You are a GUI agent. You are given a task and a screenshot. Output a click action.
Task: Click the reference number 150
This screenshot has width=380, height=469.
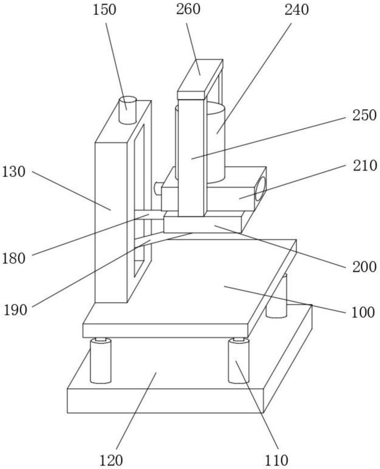coord(104,9)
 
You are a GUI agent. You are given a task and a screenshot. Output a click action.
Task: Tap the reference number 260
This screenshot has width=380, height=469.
coord(187,9)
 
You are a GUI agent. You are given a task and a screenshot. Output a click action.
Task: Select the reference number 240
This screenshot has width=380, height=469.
coord(297,10)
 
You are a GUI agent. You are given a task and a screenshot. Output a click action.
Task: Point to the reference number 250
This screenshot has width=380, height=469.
coord(364,115)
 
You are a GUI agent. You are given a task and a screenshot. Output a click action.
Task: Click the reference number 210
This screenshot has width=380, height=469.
coord(365,166)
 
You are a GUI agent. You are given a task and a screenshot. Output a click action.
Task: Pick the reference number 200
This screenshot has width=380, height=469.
coord(364,266)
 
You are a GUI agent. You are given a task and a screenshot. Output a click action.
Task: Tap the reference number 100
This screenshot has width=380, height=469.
coord(363,312)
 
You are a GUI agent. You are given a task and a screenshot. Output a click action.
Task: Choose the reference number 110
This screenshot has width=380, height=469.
coord(276,460)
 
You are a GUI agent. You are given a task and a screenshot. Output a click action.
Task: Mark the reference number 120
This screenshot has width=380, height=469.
coord(111,460)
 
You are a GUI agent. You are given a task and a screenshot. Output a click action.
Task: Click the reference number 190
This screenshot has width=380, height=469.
coord(15,310)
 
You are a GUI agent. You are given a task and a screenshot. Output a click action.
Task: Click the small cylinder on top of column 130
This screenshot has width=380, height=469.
coord(127,110)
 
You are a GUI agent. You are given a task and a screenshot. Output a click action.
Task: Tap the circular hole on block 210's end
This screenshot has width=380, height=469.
coord(261,189)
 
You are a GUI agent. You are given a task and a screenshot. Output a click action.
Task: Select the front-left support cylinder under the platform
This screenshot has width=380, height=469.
coord(101,360)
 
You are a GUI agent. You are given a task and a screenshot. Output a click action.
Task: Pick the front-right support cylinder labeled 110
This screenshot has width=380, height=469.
coord(238,360)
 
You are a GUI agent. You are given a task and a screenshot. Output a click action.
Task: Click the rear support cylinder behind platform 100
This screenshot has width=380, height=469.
coord(277,296)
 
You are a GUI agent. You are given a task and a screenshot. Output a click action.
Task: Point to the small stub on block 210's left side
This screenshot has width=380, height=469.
coord(158,189)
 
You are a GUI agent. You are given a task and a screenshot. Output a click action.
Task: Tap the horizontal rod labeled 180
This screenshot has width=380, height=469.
coord(149,215)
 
